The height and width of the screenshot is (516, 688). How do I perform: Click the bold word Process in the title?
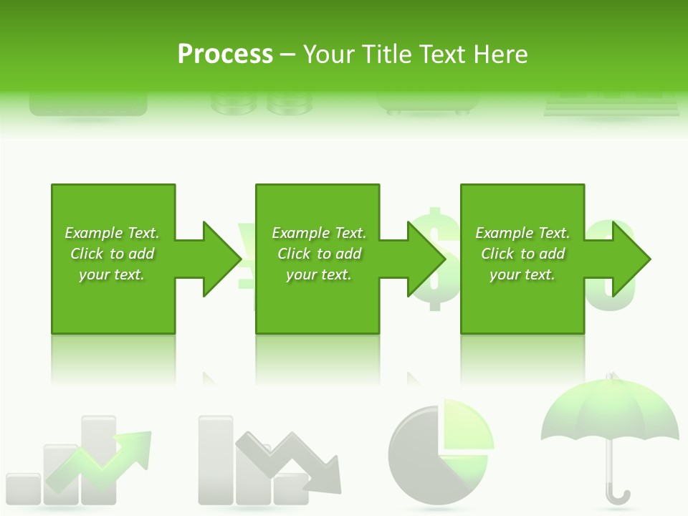(x=225, y=54)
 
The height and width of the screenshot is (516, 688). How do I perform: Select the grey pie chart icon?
(x=423, y=459)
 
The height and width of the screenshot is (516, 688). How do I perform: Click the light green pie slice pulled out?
(x=467, y=427)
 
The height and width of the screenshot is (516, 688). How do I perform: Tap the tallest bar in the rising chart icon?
(x=98, y=459)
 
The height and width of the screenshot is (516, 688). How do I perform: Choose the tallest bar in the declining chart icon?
(x=216, y=459)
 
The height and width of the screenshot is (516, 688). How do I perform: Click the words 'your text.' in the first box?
(x=112, y=274)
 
